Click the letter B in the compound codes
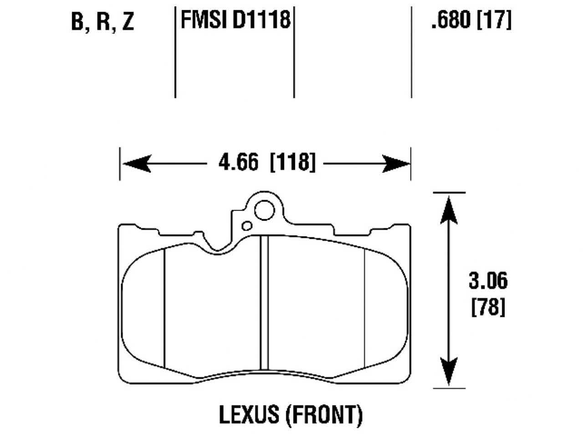78,22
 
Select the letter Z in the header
128,22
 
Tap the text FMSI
205,21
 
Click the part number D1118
262,21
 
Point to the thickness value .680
450,21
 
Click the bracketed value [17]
494,21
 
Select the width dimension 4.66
238,162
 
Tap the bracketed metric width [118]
292,162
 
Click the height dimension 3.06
488,281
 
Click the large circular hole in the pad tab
264,210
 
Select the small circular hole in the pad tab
247,226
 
